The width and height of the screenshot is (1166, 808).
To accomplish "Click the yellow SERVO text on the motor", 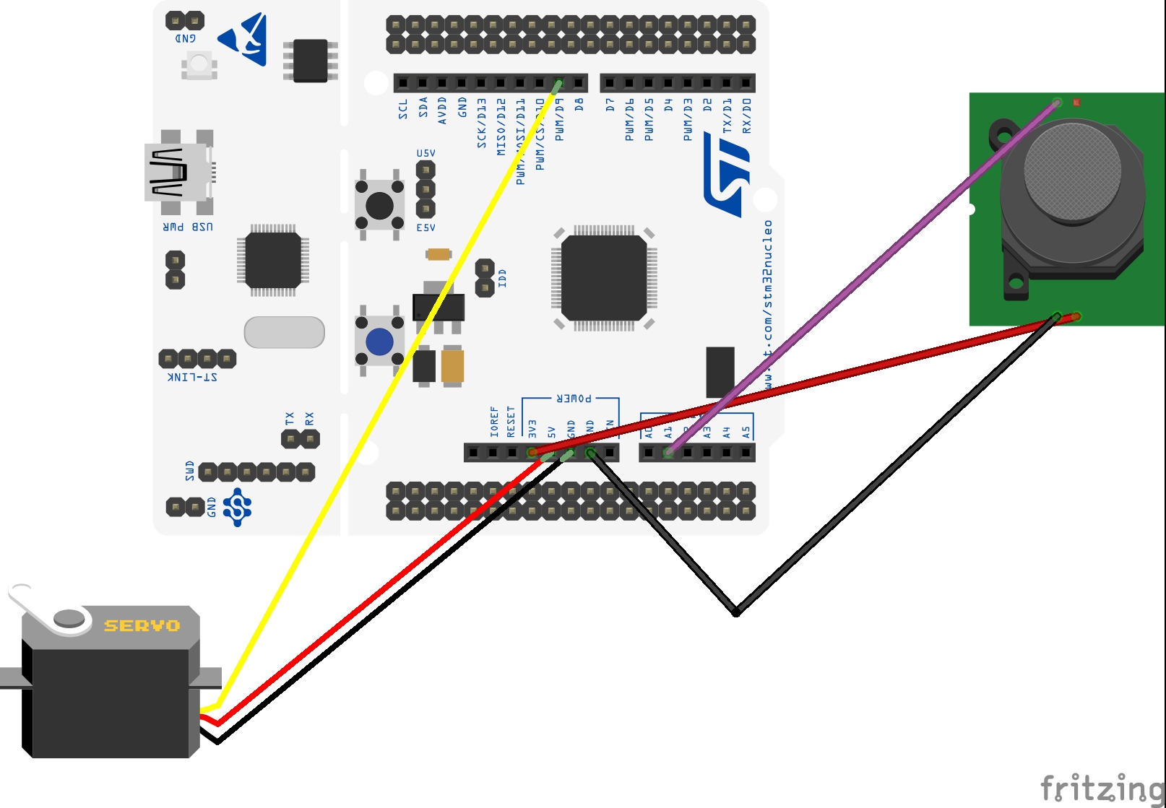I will (x=142, y=625).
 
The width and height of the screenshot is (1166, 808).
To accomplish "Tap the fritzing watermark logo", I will (x=1101, y=788).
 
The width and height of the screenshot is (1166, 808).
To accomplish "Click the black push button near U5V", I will (x=379, y=206).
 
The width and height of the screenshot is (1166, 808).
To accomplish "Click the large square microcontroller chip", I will (x=604, y=278).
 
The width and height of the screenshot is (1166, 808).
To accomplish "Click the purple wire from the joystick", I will (x=867, y=274).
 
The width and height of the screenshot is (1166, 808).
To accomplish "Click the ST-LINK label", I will (x=192, y=378).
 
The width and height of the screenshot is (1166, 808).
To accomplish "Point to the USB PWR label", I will (x=188, y=227).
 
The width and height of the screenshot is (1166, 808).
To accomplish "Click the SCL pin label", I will (x=403, y=109).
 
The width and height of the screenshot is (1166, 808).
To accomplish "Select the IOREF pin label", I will (x=494, y=422).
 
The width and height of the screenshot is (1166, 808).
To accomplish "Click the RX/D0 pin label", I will (x=747, y=116).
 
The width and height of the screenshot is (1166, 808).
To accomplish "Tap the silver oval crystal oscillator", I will (x=285, y=332).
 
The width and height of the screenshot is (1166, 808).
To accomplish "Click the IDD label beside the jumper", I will (x=503, y=278).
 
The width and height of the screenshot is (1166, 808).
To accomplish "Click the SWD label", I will (x=190, y=472).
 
